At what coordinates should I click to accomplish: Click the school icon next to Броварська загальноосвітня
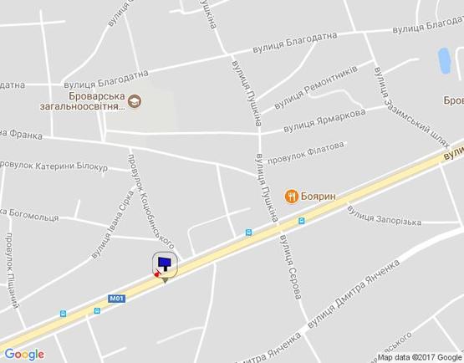(135, 104)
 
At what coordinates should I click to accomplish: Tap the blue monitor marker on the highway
(165, 264)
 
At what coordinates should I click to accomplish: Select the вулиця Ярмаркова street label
(324, 120)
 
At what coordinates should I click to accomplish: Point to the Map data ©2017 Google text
(419, 357)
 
